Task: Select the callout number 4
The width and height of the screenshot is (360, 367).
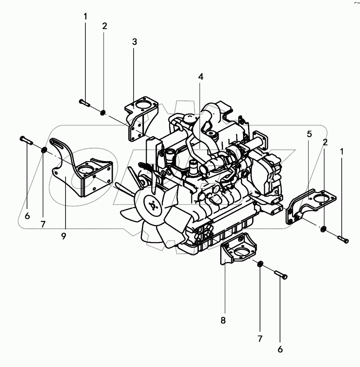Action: point(201,77)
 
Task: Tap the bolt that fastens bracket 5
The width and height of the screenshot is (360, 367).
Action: point(343,239)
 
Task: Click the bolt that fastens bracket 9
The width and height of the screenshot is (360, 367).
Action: point(26,140)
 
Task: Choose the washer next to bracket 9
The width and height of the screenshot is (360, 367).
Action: point(44,149)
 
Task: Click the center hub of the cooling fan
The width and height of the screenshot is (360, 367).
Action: point(153,206)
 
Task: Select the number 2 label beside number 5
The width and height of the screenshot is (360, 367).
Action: point(326,142)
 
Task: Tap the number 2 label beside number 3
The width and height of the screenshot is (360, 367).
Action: point(105,26)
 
